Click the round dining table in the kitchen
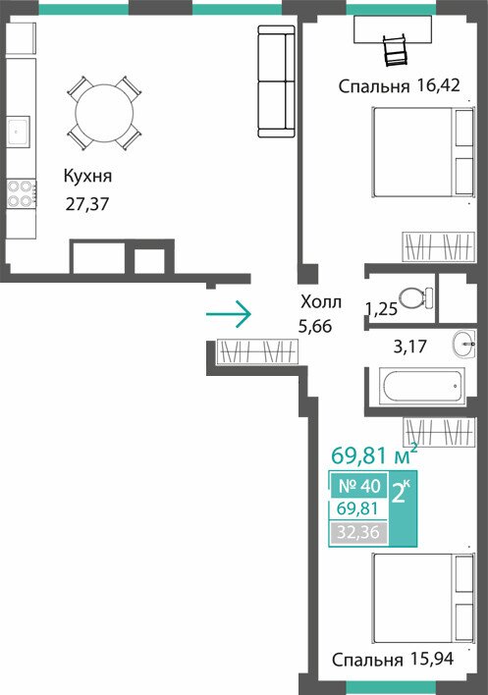[104, 113]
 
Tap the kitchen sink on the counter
[18, 131]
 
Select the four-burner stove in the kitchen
[21, 193]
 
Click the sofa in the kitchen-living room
[277, 81]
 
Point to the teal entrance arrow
[229, 314]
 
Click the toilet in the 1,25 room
[415, 297]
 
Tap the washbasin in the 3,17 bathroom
[464, 344]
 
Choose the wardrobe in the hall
[257, 352]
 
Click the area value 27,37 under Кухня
[87, 204]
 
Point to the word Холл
[321, 302]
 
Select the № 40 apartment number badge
[359, 486]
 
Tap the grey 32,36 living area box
[358, 532]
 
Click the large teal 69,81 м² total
[374, 454]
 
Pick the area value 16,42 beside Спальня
[438, 84]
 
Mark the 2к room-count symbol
[402, 493]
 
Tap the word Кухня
[87, 177]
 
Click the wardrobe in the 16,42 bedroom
[438, 246]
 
